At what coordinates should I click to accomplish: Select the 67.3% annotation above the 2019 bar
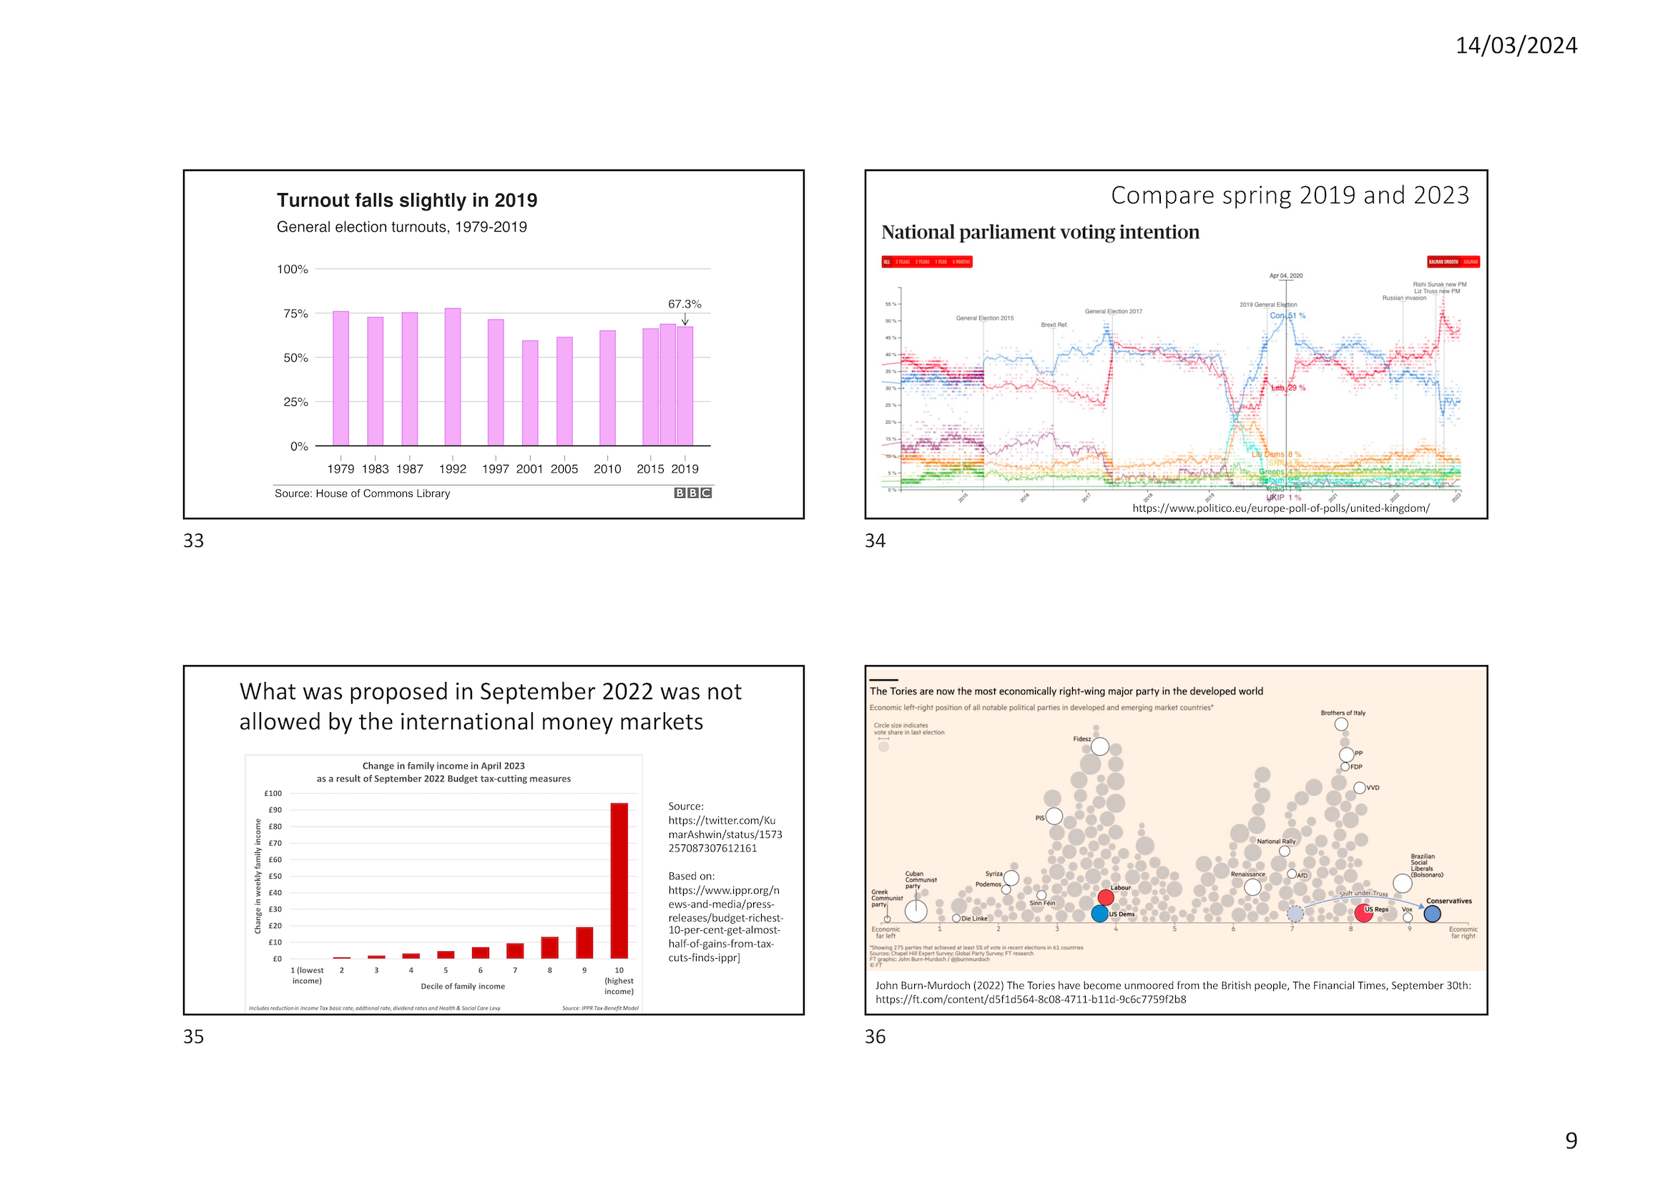(x=684, y=304)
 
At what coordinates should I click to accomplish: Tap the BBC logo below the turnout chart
(x=692, y=493)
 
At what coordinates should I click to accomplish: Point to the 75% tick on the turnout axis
(x=295, y=313)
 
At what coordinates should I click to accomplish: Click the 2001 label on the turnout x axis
(x=529, y=469)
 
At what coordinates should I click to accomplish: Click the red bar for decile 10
(x=619, y=880)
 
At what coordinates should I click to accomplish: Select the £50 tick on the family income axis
(x=275, y=877)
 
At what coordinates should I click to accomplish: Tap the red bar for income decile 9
(x=584, y=942)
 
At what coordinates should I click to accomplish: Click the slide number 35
(x=193, y=1037)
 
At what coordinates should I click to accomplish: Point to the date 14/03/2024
(x=1516, y=45)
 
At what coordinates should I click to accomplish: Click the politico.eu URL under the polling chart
(x=1280, y=508)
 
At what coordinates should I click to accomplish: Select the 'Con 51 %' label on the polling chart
(x=1288, y=316)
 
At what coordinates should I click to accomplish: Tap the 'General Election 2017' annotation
(x=1113, y=311)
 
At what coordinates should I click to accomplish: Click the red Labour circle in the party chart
(x=1106, y=897)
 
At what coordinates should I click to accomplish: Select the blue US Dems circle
(x=1100, y=913)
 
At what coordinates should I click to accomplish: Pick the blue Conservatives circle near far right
(x=1433, y=914)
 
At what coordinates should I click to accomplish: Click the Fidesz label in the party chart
(x=1081, y=739)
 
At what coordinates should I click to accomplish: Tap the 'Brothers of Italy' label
(x=1343, y=713)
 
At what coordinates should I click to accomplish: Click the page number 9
(x=1571, y=1141)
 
